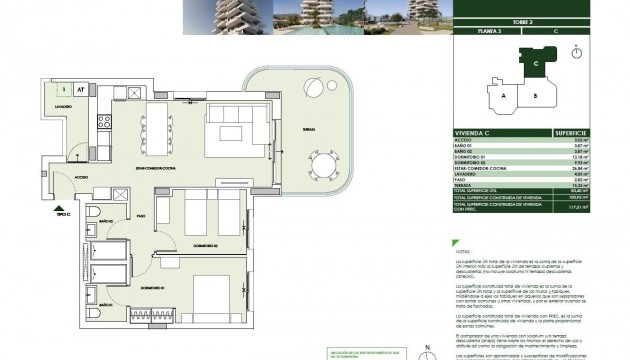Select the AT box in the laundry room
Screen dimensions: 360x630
click(x=80, y=90)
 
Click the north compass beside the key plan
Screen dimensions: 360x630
click(x=576, y=53)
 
